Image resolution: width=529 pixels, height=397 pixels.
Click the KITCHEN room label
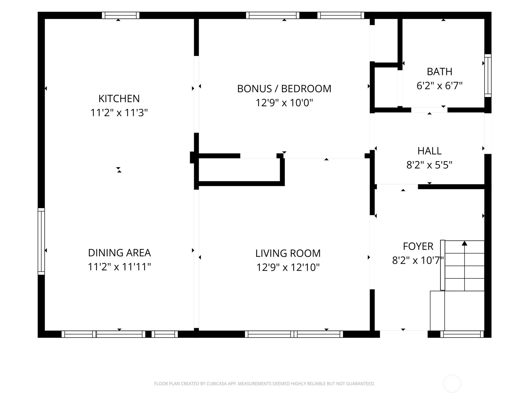[119, 99]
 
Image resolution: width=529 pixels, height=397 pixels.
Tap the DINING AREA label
[119, 253]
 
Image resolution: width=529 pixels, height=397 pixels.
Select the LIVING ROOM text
[288, 253]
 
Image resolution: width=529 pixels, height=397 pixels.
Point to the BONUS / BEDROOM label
[284, 89]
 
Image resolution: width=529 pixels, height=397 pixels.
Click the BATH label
[439, 71]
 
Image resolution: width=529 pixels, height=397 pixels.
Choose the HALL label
[429, 151]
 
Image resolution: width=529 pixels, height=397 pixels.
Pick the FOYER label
[418, 246]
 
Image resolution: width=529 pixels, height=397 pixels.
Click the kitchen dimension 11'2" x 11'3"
[119, 112]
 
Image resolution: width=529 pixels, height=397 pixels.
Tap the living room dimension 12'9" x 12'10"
[288, 267]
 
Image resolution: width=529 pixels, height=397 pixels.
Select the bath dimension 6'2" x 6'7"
[440, 86]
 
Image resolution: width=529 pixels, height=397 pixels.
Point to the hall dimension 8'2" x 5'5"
[429, 165]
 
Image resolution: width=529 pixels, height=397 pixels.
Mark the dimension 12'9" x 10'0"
[284, 103]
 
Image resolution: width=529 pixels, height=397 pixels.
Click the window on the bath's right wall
[488, 75]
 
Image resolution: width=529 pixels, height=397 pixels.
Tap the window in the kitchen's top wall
[120, 16]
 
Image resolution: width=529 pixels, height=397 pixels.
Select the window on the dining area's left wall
[41, 241]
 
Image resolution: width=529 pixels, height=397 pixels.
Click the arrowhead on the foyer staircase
[465, 243]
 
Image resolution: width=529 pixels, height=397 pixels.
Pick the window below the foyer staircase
[462, 334]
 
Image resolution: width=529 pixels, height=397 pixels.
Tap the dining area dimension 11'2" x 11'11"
[119, 267]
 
